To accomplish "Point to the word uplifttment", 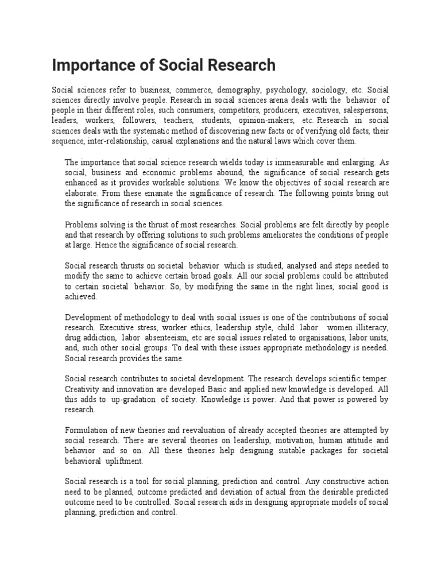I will pos(123,461).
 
